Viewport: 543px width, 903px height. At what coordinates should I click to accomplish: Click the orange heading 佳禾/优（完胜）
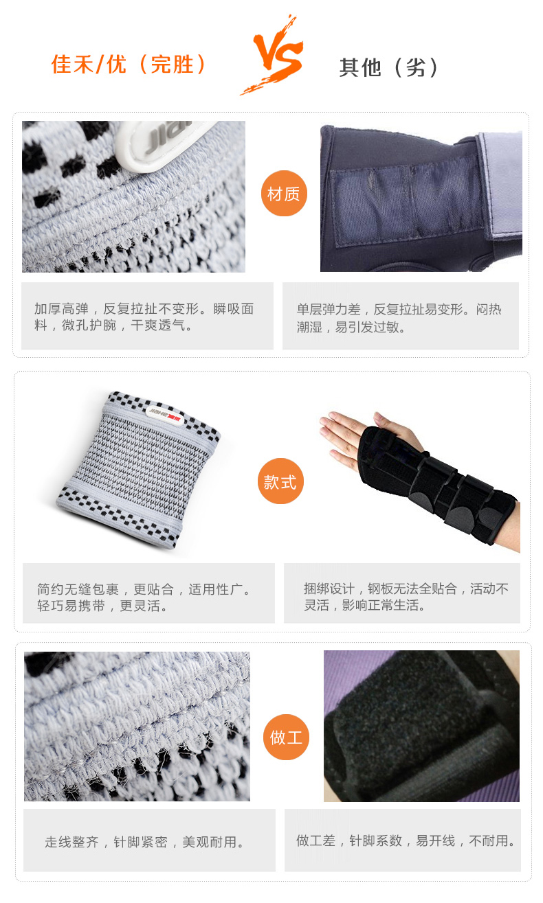pos(129,65)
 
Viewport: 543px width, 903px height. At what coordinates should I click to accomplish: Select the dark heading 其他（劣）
pos(388,67)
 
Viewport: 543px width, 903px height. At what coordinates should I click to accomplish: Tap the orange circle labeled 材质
pos(284,194)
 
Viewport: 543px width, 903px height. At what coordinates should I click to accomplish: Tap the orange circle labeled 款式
pos(280,481)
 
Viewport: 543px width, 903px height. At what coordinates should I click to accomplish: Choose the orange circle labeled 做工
pos(286,737)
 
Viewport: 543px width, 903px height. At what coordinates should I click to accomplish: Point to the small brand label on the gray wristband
pos(164,415)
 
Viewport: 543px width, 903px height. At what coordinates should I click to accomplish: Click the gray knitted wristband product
pos(139,470)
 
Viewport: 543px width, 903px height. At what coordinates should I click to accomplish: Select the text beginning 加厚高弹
pos(144,317)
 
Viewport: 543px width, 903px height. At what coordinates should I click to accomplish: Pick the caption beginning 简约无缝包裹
pos(144,597)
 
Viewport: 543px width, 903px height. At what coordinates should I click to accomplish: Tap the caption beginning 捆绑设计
pos(406,597)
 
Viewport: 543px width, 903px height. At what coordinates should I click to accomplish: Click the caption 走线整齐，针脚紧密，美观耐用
pos(144,842)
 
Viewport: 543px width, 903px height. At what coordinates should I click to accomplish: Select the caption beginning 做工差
pos(406,841)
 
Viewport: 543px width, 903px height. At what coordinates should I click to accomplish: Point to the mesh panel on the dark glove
pos(408,202)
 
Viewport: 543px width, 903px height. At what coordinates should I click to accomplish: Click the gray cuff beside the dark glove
pos(500,185)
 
